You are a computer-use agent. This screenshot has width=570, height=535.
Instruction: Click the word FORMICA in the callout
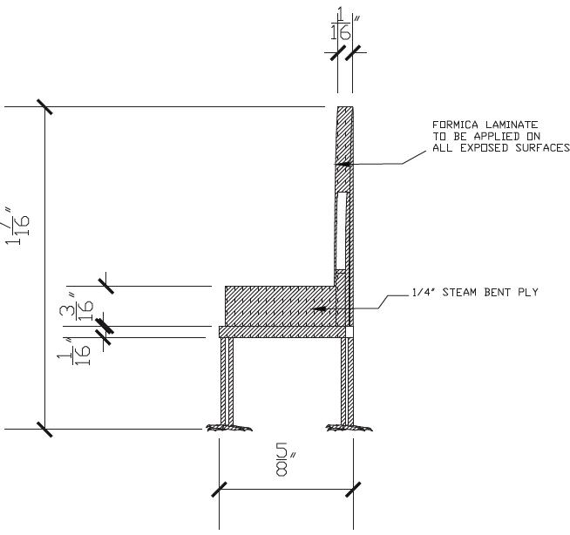click(452, 125)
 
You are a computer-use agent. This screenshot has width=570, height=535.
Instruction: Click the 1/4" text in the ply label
click(420, 293)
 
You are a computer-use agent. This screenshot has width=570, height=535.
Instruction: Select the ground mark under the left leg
click(227, 428)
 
